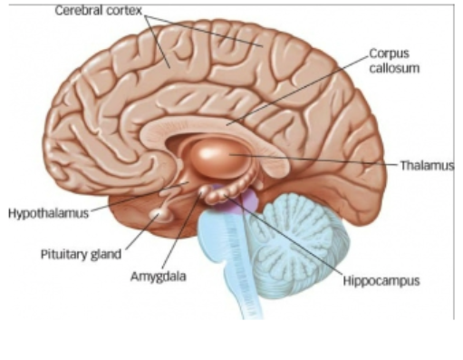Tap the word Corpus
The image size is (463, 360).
click(x=387, y=54)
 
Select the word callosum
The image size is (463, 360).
click(x=391, y=69)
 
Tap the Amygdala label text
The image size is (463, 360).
click(x=157, y=276)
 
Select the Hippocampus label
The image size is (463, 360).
click(x=381, y=281)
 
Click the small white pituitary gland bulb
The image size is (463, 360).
click(x=160, y=214)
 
